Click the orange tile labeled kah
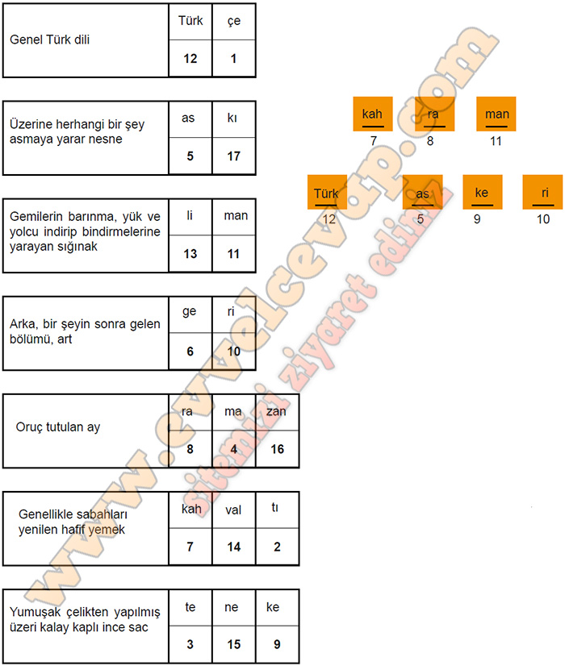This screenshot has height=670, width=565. click(x=373, y=114)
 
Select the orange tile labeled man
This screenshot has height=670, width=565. click(x=496, y=114)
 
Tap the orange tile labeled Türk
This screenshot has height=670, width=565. click(x=327, y=192)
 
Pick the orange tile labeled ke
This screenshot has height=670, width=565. click(x=483, y=192)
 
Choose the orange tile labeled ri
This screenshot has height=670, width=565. click(x=542, y=192)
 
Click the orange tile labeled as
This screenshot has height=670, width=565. click(x=422, y=192)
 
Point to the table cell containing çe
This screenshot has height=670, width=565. click(x=234, y=22)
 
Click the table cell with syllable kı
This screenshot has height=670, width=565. click(x=234, y=119)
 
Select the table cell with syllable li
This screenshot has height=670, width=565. click(x=190, y=217)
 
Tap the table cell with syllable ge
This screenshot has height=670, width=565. click(x=190, y=314)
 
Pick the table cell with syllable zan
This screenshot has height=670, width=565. click(x=277, y=412)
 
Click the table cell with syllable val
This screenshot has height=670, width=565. click(x=234, y=510)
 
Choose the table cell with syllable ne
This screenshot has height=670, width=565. click(x=234, y=607)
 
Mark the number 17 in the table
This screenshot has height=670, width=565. click(x=234, y=156)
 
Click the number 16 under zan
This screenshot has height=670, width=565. click(x=277, y=449)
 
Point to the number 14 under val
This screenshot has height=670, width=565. click(x=234, y=547)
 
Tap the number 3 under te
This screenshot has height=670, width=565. click(x=190, y=644)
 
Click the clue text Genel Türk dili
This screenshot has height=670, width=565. click(x=49, y=40)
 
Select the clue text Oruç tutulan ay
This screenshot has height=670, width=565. click(x=58, y=427)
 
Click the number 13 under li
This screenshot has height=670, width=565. click(x=190, y=254)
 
